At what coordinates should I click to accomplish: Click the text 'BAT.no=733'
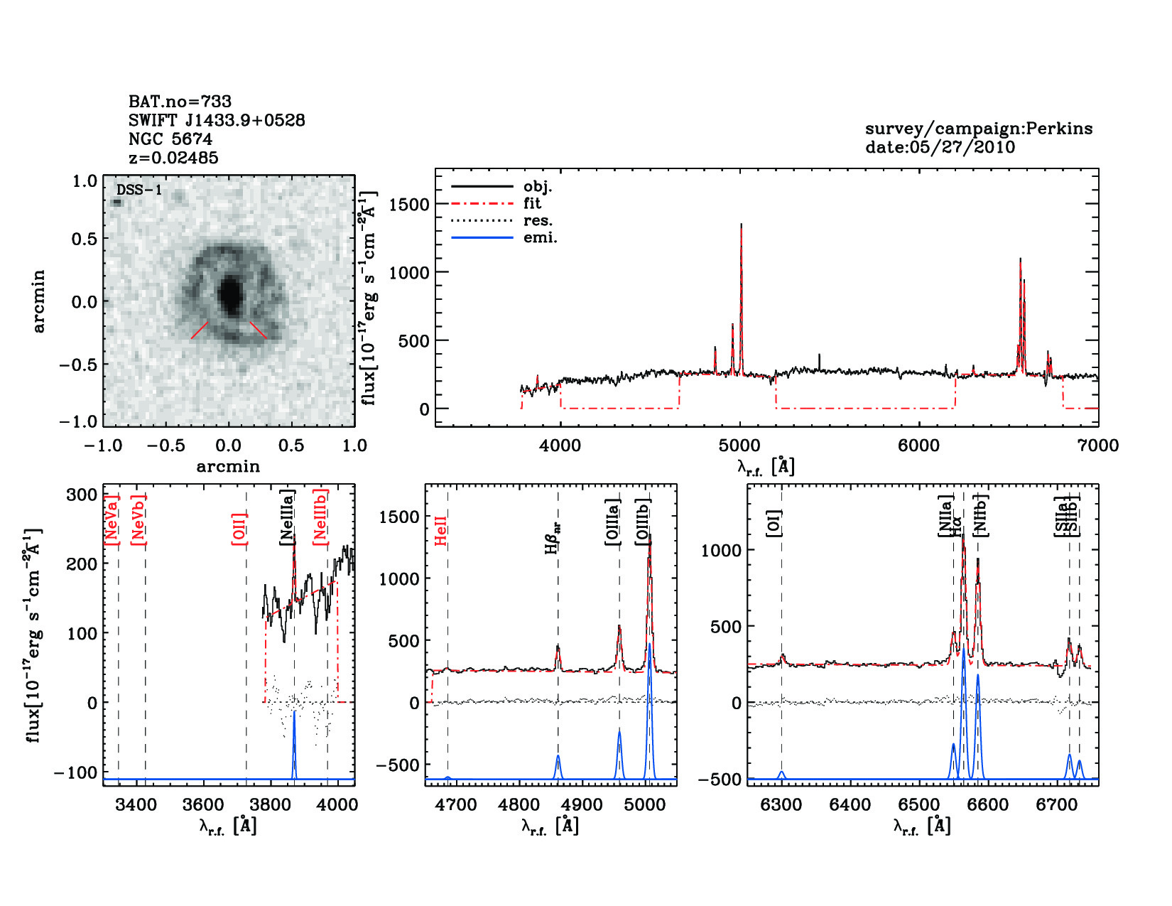[x=180, y=102]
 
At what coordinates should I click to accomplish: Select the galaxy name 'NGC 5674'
[x=170, y=139]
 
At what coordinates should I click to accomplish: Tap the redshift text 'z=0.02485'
[x=173, y=158]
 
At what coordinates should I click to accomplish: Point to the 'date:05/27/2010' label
[x=940, y=147]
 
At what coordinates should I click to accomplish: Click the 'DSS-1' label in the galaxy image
[x=139, y=190]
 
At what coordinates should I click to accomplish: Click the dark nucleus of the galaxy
[x=229, y=293]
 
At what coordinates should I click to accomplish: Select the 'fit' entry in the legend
[x=532, y=203]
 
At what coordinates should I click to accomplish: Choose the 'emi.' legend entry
[x=540, y=237]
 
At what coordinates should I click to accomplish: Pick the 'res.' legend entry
[x=538, y=220]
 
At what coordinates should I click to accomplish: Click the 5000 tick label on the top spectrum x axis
[x=739, y=446]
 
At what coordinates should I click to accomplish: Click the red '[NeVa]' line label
[x=112, y=520]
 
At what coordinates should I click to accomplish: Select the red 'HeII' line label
[x=441, y=531]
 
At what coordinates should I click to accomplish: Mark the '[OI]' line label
[x=774, y=524]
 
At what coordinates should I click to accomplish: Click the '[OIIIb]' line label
[x=644, y=522]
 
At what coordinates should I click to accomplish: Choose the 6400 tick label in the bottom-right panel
[x=850, y=804]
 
